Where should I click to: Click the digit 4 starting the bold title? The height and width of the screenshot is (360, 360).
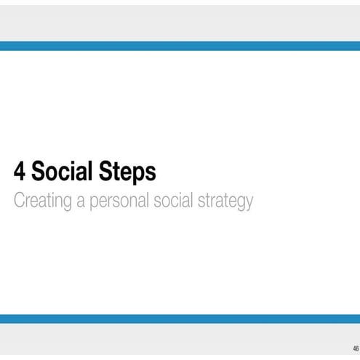point(20,172)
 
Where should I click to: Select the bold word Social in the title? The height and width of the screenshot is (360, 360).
point(65,172)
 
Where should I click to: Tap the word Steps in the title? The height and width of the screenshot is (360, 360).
point(129,173)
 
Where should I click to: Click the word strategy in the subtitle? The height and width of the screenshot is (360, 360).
point(225,201)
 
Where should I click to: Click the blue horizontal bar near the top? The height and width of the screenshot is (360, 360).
point(180,46)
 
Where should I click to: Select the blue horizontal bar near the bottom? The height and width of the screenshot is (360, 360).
point(180,319)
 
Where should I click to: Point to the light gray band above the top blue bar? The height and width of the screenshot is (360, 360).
point(180,22)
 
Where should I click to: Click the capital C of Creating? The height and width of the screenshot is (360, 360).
point(20,200)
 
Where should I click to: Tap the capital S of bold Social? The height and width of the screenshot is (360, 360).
point(39,172)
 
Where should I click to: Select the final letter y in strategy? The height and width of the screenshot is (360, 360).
point(249,203)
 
